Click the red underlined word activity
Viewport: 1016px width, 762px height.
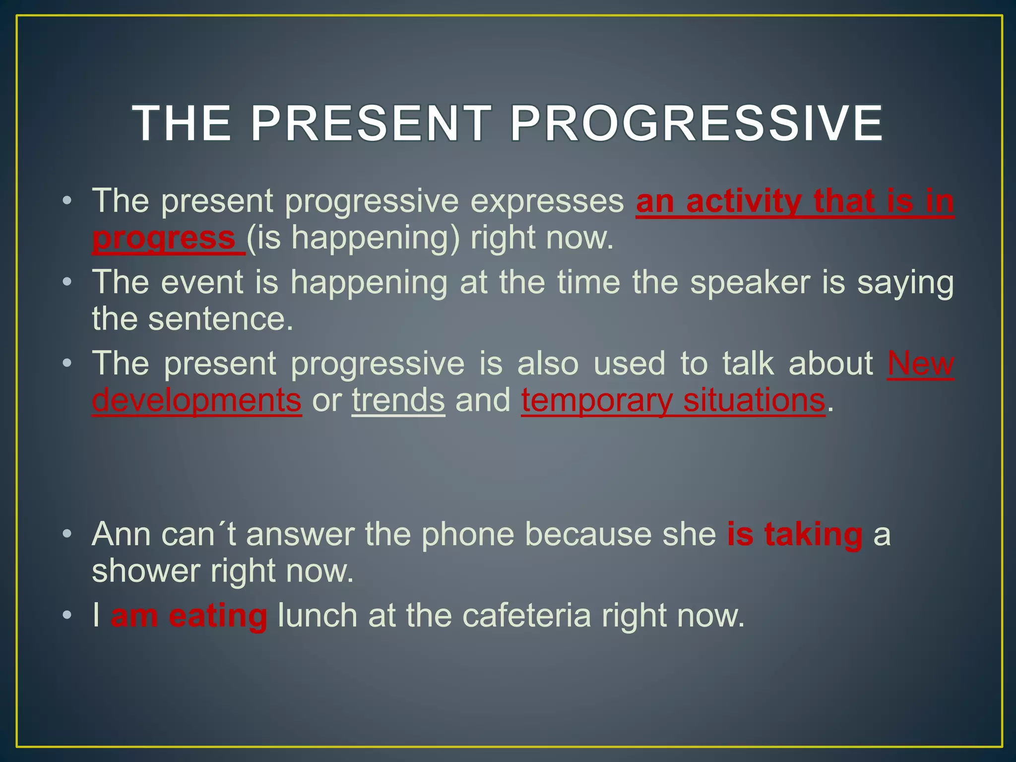(744, 201)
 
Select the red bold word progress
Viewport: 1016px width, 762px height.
(164, 238)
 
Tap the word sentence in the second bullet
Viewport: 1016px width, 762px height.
(221, 319)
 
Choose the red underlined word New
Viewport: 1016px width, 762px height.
(920, 364)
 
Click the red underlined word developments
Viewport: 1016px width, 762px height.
(196, 400)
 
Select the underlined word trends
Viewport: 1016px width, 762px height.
(398, 400)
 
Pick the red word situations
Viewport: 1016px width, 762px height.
(754, 400)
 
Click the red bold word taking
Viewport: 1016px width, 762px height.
(813, 535)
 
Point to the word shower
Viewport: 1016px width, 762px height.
(146, 571)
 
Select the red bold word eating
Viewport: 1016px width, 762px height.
(218, 616)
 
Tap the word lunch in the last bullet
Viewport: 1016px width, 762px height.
(317, 616)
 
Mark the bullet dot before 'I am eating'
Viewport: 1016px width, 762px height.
(67, 616)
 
